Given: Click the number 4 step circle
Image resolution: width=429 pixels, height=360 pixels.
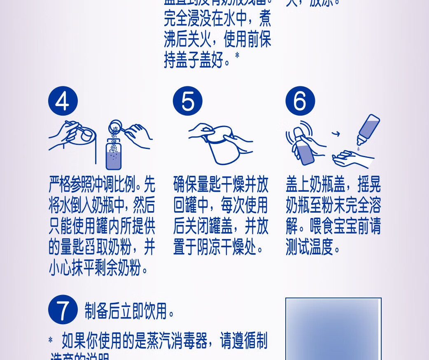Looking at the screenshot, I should click(x=63, y=101).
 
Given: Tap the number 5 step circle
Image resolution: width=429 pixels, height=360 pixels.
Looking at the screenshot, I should click(x=187, y=101).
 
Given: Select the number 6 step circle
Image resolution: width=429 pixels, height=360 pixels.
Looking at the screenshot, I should click(x=300, y=101).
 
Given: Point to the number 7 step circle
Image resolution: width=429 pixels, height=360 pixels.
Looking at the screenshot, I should click(x=63, y=309).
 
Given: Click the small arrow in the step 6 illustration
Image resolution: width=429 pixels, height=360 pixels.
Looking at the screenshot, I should click(x=336, y=134).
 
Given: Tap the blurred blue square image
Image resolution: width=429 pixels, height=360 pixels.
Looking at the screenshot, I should click(x=333, y=329).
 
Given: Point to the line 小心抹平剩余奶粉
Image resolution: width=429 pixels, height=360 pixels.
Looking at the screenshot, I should click(x=99, y=269).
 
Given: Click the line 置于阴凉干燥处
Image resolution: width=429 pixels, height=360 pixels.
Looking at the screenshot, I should click(x=219, y=249).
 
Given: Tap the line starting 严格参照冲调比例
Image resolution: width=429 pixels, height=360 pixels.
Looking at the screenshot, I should click(x=102, y=186).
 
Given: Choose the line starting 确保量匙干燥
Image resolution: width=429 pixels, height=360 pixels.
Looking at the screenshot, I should click(x=221, y=186).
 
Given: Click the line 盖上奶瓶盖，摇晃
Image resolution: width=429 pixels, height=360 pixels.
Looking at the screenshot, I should click(x=333, y=186).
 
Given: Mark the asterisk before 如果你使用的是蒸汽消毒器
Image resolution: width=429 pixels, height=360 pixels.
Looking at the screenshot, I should click(x=51, y=340).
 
